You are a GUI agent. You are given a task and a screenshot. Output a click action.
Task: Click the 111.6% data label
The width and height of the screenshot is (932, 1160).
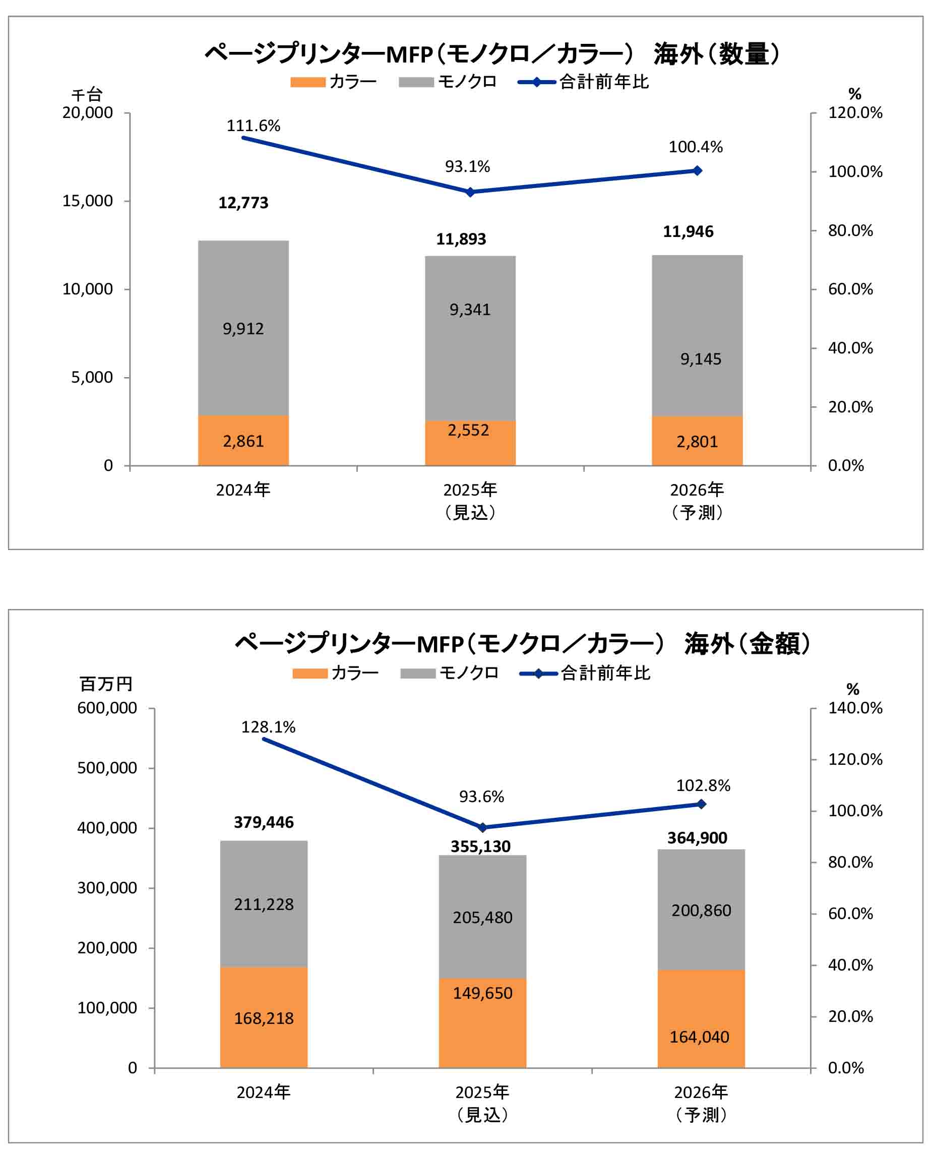[253, 126]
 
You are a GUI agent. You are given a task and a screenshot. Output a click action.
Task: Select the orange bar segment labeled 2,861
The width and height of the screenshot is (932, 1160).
[243, 441]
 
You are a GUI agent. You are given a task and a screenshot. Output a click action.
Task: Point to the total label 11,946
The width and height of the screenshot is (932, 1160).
[688, 232]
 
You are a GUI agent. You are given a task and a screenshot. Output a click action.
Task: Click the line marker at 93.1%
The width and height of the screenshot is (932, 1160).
[470, 192]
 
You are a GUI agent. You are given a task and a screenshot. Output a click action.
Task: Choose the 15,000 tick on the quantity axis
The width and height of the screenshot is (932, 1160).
[88, 201]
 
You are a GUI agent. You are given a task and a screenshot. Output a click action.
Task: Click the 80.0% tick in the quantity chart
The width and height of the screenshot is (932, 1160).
[850, 231]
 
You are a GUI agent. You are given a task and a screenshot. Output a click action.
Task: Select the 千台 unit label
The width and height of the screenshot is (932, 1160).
[87, 95]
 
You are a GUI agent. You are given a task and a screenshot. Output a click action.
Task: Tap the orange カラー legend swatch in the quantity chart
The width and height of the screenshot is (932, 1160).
[308, 82]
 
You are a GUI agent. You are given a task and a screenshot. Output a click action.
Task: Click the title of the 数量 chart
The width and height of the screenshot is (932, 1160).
[492, 54]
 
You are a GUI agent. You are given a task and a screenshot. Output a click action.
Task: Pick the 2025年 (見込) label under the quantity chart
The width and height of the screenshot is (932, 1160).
[470, 501]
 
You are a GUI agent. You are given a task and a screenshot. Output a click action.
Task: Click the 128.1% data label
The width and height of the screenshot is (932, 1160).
[268, 727]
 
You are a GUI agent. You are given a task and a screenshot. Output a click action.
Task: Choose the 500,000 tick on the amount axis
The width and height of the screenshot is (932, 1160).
[107, 768]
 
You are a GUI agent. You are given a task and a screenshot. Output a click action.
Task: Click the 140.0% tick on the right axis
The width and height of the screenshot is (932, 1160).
[854, 708]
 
